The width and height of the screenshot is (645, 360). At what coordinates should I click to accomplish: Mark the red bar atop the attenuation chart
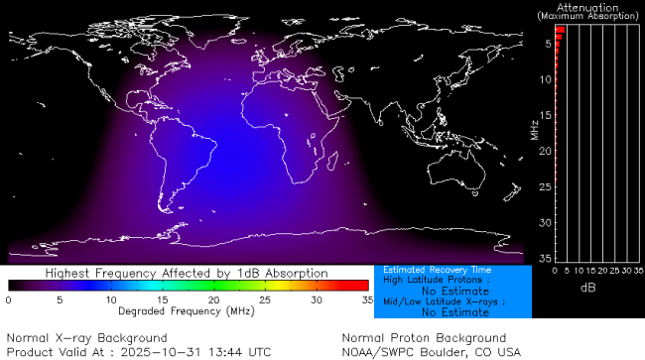tap(560, 31)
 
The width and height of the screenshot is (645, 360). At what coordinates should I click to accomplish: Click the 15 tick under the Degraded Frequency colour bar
tap(162, 299)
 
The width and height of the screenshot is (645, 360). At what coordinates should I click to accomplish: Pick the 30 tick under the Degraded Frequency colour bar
tap(316, 299)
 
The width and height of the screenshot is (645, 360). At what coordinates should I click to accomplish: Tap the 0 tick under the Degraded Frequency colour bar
tap(9, 299)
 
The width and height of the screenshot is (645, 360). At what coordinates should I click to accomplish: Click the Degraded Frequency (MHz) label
tap(187, 310)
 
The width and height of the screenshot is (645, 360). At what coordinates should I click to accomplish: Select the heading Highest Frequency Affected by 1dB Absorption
tap(187, 273)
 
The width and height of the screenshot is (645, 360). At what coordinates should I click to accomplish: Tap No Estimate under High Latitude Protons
tap(453, 291)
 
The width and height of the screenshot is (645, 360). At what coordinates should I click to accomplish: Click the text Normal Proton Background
tap(424, 338)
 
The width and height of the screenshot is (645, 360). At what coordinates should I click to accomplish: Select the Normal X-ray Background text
tap(86, 338)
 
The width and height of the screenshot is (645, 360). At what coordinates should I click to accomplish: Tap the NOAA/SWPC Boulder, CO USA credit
tap(431, 352)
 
